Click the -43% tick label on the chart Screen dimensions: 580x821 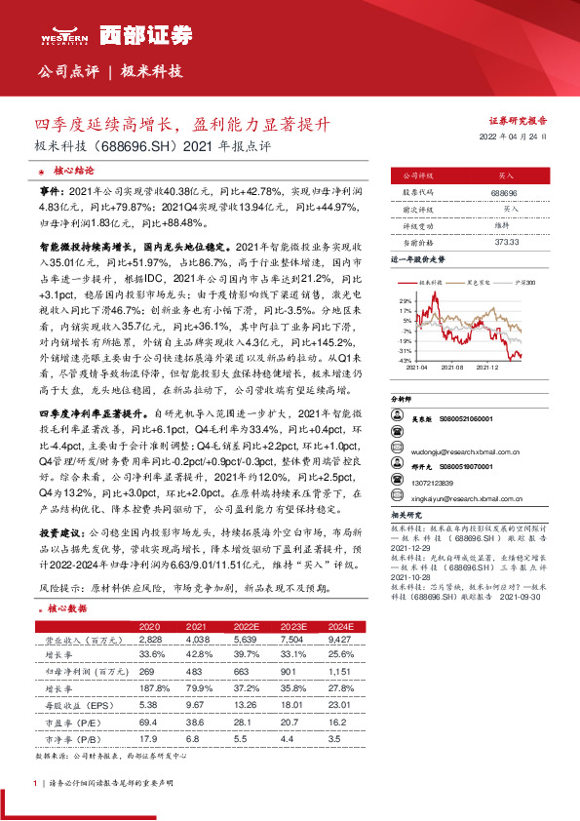coord(404,360)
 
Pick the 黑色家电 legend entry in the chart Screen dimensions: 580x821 coord(481,282)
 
